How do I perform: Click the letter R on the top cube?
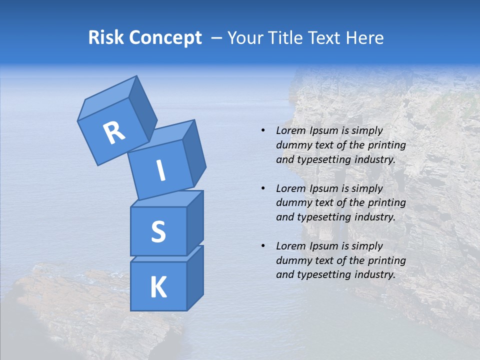tap(114, 133)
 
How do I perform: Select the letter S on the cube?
tap(158, 231)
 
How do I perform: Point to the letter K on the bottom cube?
tap(158, 287)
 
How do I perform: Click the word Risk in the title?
tap(105, 37)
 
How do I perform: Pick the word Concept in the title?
tap(165, 38)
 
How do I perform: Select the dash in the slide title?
tap(216, 38)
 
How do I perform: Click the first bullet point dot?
tap(263, 130)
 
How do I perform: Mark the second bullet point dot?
tap(263, 188)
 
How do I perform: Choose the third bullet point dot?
tap(263, 246)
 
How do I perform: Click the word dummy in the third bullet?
tap(292, 260)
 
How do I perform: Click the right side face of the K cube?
tap(195, 277)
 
